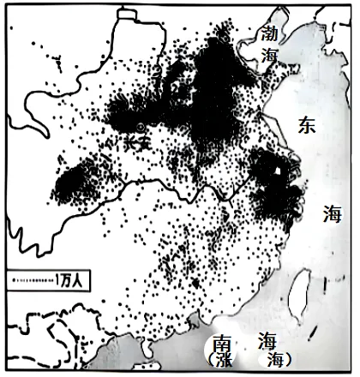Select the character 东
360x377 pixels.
[306, 124]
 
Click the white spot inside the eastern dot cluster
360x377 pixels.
[278, 171]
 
